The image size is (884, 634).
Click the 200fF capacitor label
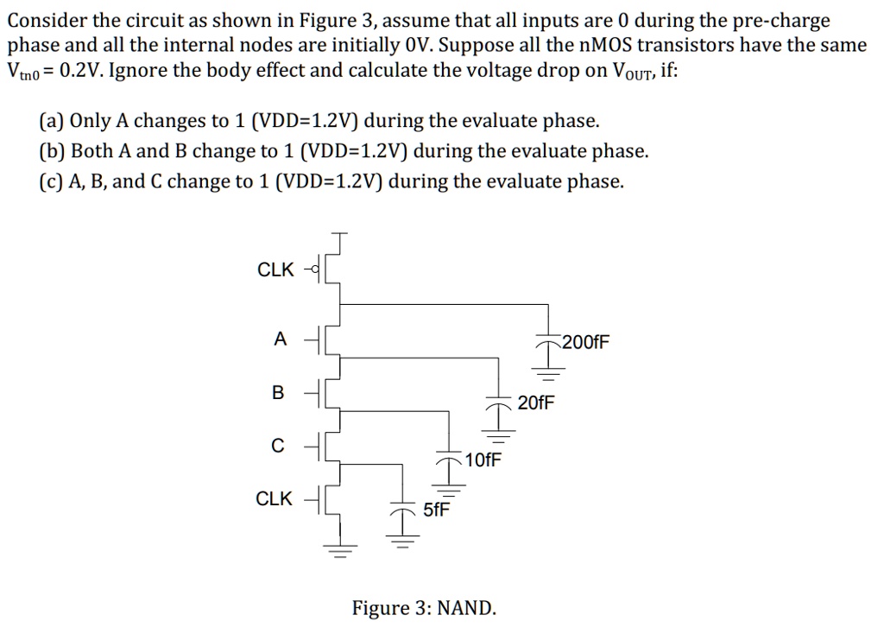point(586,342)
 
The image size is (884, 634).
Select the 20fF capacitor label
point(537,403)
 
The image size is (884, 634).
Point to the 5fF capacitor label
point(436,510)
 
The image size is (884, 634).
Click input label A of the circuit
point(279,339)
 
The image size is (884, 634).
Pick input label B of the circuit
point(277,393)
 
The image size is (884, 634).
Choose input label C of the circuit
point(277,446)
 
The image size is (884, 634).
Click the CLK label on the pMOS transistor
point(275,269)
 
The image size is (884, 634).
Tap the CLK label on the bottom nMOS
point(275,498)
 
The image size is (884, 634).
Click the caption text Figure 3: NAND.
point(424,608)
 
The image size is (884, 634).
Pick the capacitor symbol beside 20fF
point(498,404)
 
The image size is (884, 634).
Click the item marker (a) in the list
point(51,121)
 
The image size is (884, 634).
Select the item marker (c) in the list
point(51,181)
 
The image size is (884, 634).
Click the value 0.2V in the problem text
point(84,71)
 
